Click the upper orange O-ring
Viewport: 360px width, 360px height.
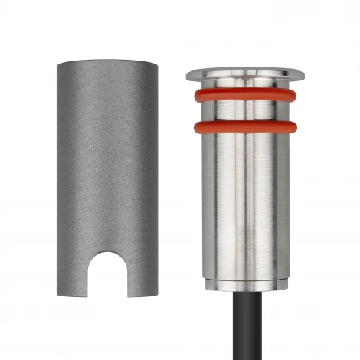(245, 96)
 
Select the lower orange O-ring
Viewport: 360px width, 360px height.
(245, 126)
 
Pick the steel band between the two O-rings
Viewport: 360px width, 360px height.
(245, 111)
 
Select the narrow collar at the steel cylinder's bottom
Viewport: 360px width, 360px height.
(245, 283)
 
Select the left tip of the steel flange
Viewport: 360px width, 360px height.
(188, 75)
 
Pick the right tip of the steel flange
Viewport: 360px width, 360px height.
(303, 75)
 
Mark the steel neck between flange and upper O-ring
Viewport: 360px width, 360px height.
(245, 85)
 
